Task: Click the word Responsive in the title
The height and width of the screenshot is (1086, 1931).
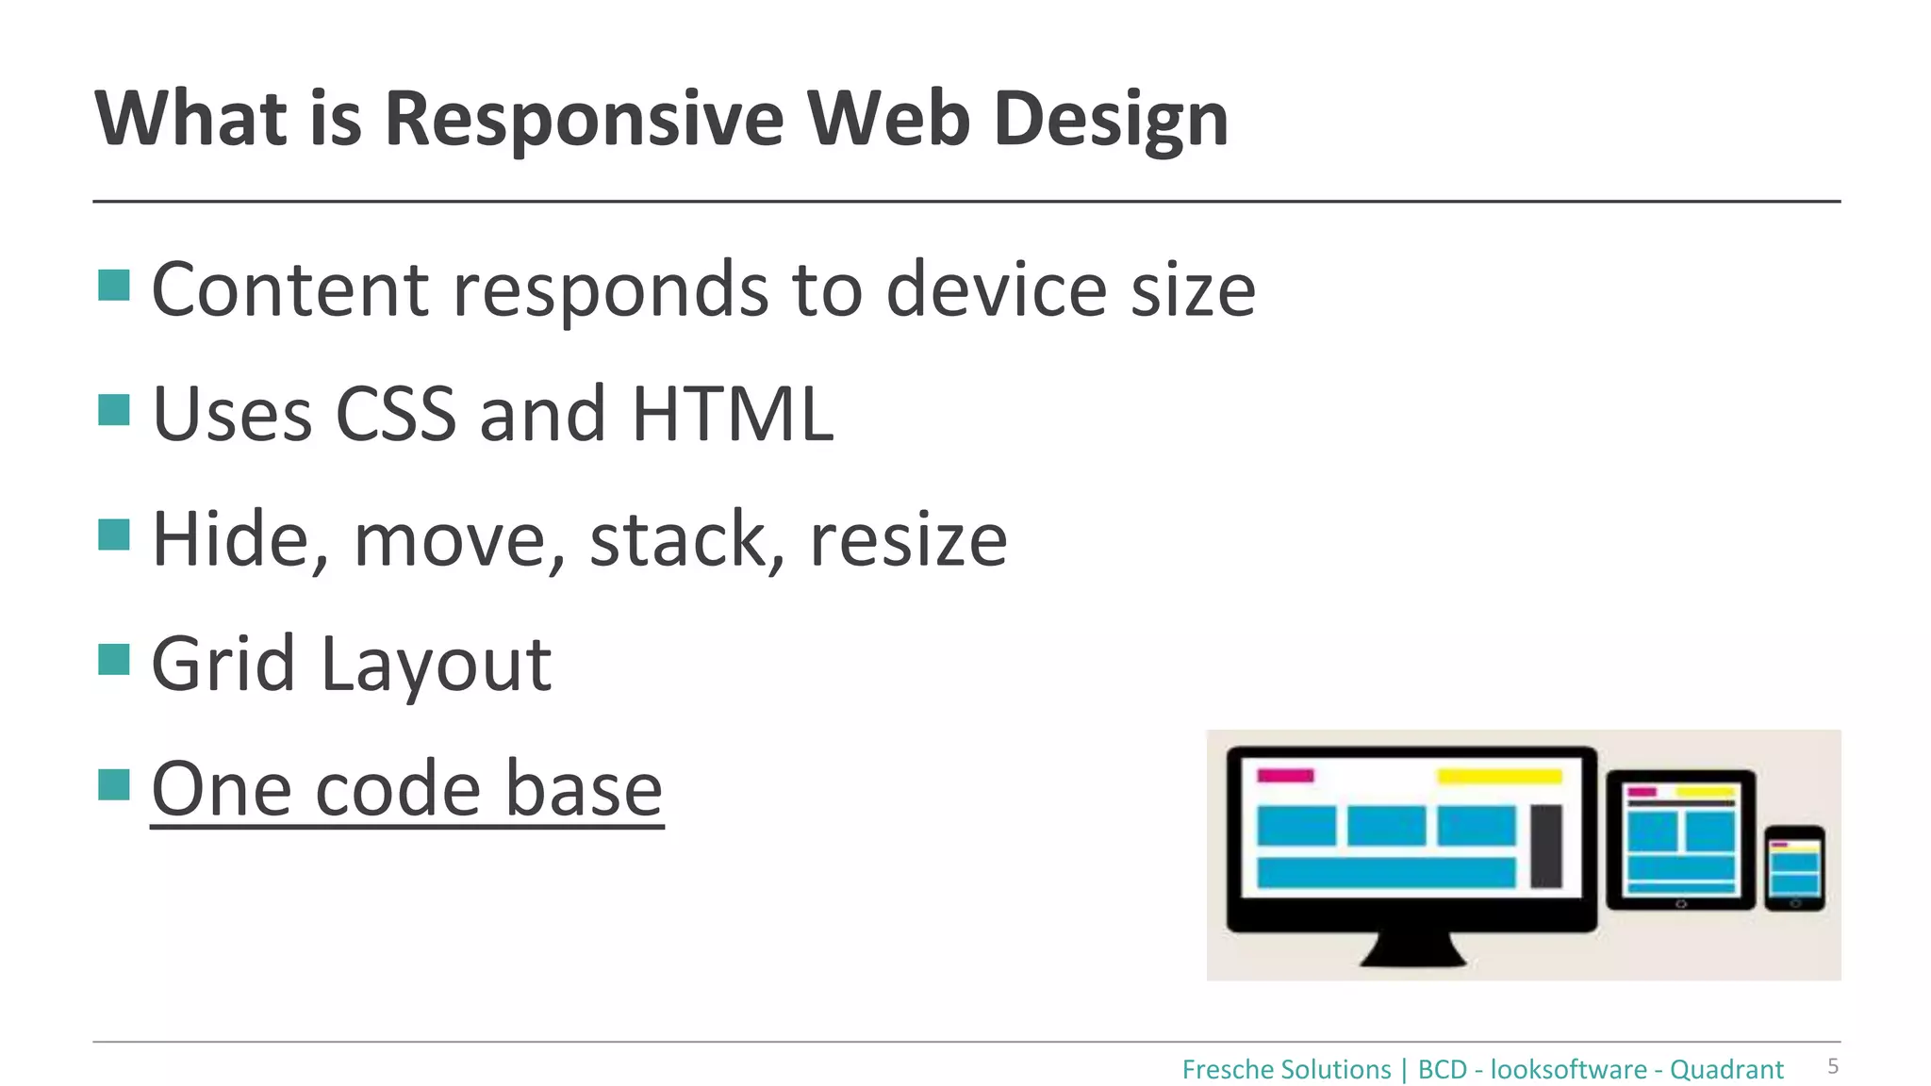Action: (x=584, y=119)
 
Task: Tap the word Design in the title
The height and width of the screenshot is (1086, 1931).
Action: (x=1111, y=119)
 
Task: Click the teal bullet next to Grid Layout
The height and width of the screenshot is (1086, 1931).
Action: (x=113, y=660)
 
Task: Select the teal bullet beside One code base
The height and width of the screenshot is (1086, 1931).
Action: (x=113, y=784)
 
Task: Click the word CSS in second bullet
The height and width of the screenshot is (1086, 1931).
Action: (x=396, y=414)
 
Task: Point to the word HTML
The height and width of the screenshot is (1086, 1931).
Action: (x=733, y=414)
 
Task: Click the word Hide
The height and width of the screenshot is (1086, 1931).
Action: (x=239, y=539)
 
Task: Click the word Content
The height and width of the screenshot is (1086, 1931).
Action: (x=290, y=289)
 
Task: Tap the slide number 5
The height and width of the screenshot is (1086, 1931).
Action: (x=1833, y=1066)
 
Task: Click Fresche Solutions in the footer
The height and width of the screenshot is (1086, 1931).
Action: (x=1286, y=1070)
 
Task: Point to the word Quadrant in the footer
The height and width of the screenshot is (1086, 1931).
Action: (x=1726, y=1070)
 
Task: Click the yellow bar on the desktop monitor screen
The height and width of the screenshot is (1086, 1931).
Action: (x=1499, y=777)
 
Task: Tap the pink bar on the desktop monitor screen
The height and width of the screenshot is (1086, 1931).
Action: (x=1285, y=776)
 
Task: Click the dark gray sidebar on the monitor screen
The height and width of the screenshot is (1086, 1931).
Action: (x=1545, y=846)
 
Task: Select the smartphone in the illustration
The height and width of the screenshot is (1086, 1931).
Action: (x=1794, y=868)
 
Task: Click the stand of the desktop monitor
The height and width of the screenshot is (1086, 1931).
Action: (x=1412, y=948)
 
